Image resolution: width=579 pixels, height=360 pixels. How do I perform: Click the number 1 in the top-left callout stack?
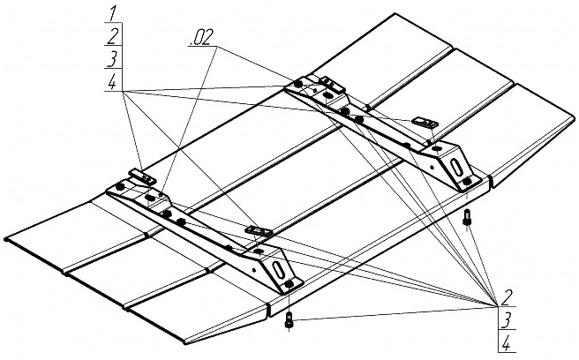pos(112,12)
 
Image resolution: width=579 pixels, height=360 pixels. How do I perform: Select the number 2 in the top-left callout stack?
pos(112,35)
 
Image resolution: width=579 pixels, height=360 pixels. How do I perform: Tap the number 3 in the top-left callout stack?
pos(112,57)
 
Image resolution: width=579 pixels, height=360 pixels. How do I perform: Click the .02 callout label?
pos(199,38)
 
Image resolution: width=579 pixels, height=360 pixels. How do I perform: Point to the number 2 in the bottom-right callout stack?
pos(507,296)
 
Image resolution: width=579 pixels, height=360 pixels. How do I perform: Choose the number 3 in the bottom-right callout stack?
pos(507,319)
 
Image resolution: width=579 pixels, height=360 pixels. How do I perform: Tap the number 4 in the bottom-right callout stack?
pos(507,341)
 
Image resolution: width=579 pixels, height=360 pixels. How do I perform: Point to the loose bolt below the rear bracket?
pos(467,219)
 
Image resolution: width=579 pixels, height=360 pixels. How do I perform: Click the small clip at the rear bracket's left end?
pos(328,84)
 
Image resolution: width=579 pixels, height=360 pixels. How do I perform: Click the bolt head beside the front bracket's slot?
pos(289,284)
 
